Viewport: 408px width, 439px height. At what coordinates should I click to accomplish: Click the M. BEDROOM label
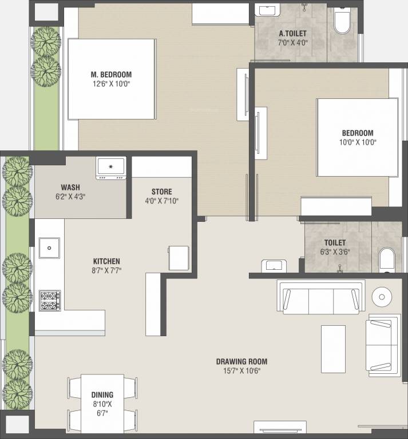coord(111,74)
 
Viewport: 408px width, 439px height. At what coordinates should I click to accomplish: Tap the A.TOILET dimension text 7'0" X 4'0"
coord(292,43)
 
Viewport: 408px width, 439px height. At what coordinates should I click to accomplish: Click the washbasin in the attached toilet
coord(270,11)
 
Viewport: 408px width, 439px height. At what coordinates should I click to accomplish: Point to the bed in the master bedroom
coord(112,79)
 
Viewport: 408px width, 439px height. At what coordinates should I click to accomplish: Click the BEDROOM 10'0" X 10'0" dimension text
coord(358,142)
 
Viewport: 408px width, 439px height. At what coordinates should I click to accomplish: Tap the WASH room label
coord(70,187)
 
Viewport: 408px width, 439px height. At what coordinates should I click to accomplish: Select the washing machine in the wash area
coord(111,168)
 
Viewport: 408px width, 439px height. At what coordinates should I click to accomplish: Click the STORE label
coord(162,192)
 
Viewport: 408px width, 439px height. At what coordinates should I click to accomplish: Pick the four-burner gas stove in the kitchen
coord(50,301)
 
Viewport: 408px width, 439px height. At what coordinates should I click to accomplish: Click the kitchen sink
coord(49,248)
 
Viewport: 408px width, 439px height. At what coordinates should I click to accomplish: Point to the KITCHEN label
coord(106,261)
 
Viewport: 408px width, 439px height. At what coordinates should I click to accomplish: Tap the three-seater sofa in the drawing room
coord(321,297)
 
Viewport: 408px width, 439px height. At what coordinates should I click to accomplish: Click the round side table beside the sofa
coord(382,297)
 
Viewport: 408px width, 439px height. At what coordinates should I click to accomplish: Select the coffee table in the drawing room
coord(333,349)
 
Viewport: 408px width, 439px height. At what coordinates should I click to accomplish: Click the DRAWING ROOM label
coord(241,361)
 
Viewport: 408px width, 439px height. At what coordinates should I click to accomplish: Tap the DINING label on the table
coord(102,395)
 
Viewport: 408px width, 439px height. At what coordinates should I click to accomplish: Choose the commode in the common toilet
coord(387,260)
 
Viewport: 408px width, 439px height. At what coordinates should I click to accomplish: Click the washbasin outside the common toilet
coord(274,266)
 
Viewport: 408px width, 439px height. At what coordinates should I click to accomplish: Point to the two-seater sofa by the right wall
coord(383,345)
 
